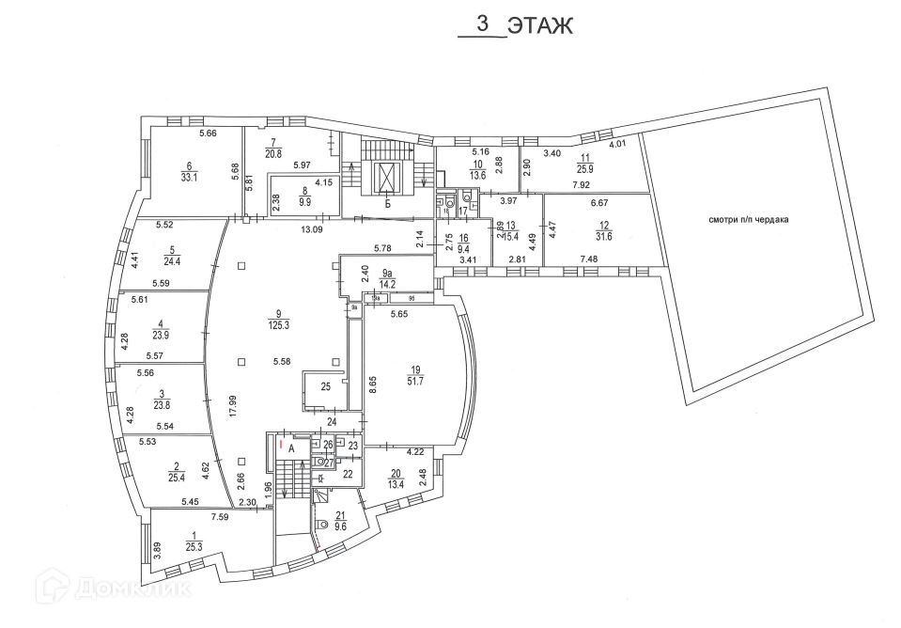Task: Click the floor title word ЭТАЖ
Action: (540, 26)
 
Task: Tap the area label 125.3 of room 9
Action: (278, 325)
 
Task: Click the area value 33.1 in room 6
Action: (189, 176)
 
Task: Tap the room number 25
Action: (325, 386)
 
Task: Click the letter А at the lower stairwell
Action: (292, 449)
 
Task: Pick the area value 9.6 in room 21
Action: (340, 526)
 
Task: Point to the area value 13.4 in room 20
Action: (395, 483)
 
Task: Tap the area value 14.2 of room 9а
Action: (387, 280)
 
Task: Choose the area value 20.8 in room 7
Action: (273, 153)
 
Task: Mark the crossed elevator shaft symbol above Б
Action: (387, 176)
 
